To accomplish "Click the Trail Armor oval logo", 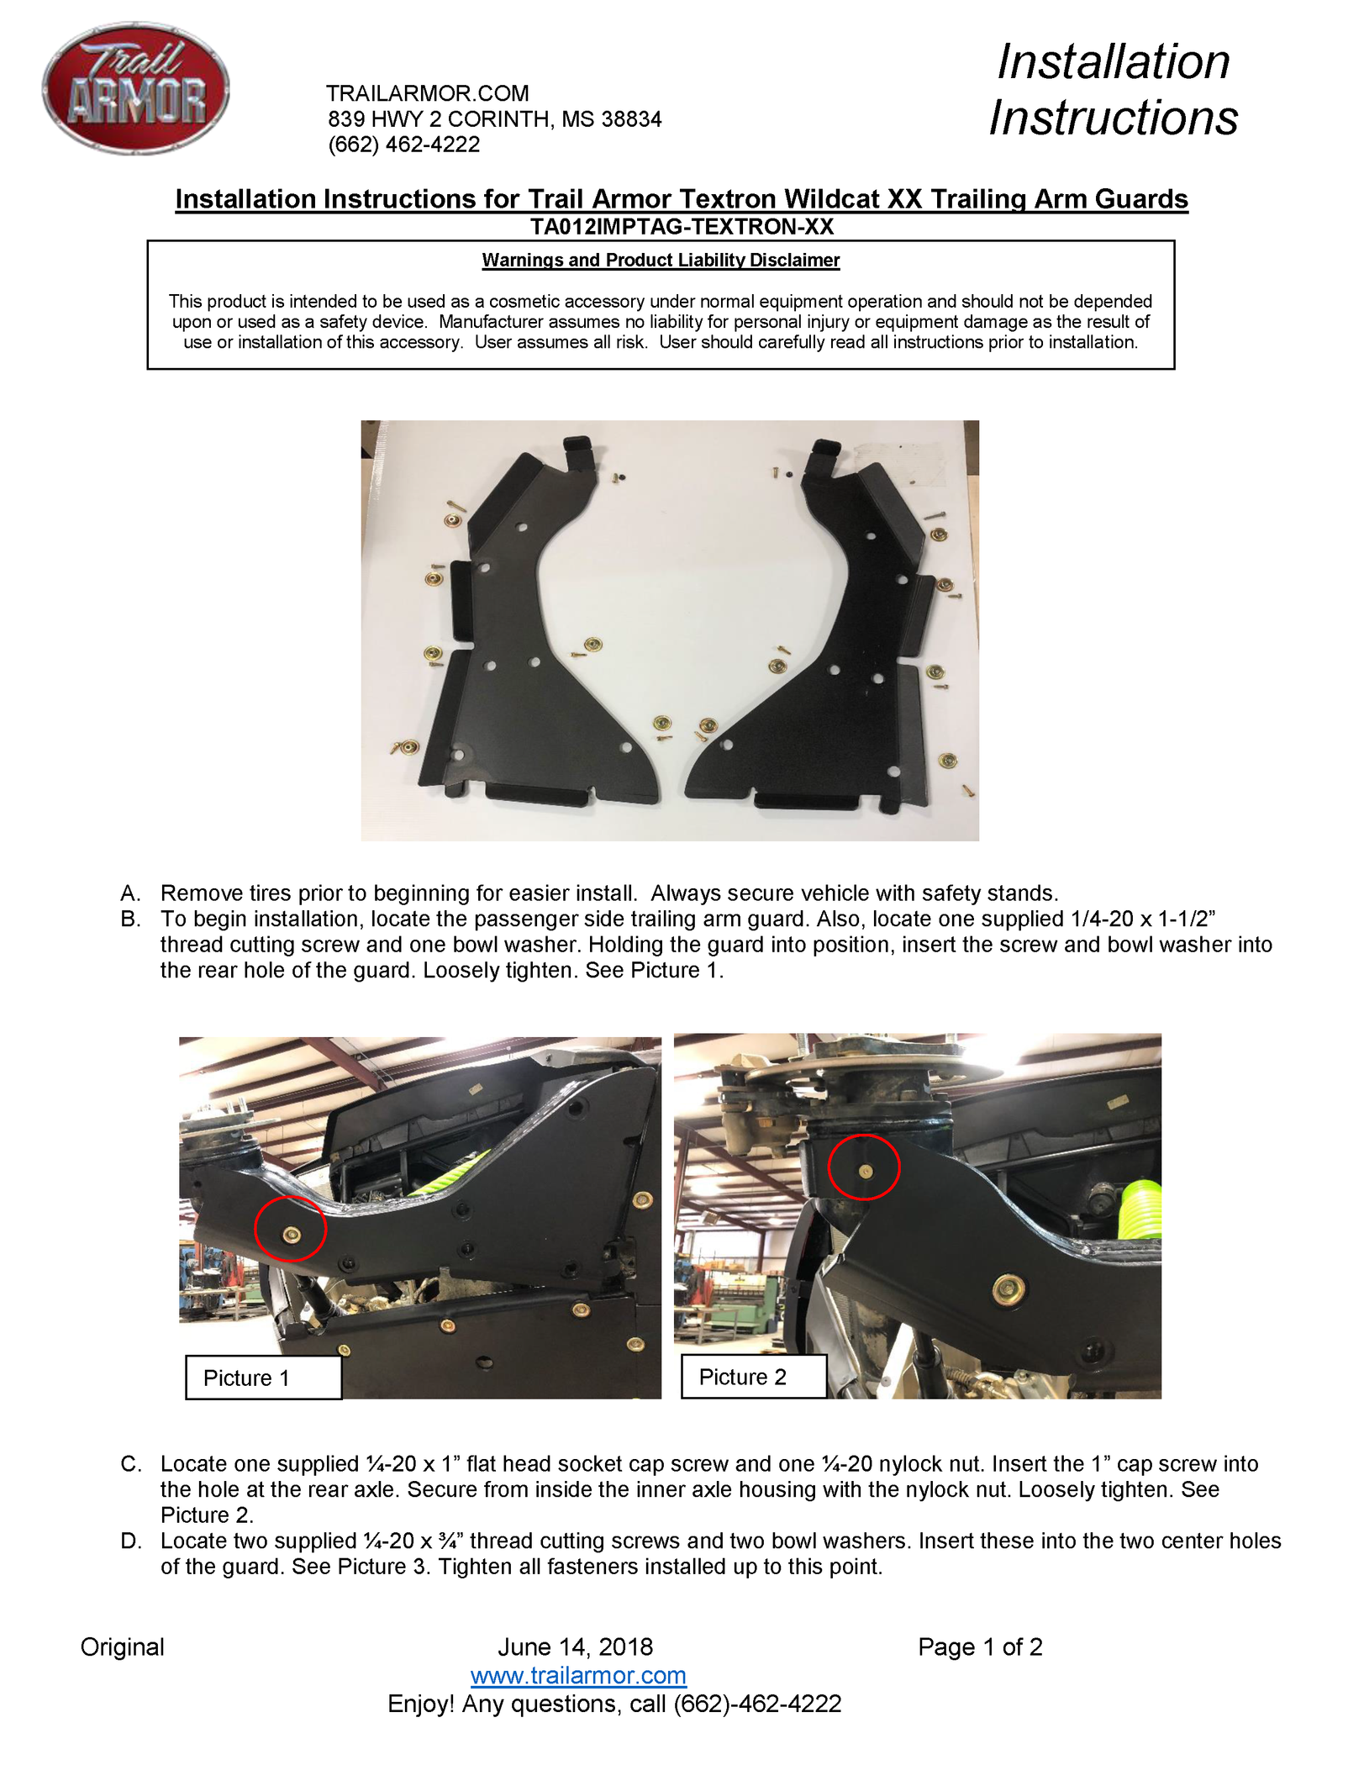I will [x=135, y=88].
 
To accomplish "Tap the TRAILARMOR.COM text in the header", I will [x=427, y=93].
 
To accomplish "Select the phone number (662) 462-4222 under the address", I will [x=403, y=145].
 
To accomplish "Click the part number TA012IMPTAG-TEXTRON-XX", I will [x=682, y=227].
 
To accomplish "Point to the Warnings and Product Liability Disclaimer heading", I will [x=661, y=261].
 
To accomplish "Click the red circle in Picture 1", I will [x=290, y=1229].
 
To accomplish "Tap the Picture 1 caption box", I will [x=263, y=1378].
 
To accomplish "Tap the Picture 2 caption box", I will [x=753, y=1377].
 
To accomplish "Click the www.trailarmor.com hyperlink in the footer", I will [x=578, y=1675].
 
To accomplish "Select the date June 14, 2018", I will [x=575, y=1646].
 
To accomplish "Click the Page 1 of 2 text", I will [x=980, y=1646].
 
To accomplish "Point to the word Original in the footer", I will [x=122, y=1646].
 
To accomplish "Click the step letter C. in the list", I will [x=131, y=1464].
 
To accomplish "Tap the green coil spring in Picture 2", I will [x=1141, y=1210].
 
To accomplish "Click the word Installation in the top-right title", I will [x=1113, y=62].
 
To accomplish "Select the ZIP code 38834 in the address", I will [x=631, y=119].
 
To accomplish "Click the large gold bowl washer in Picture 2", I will [x=1008, y=1288].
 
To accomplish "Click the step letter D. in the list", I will [x=131, y=1541].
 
